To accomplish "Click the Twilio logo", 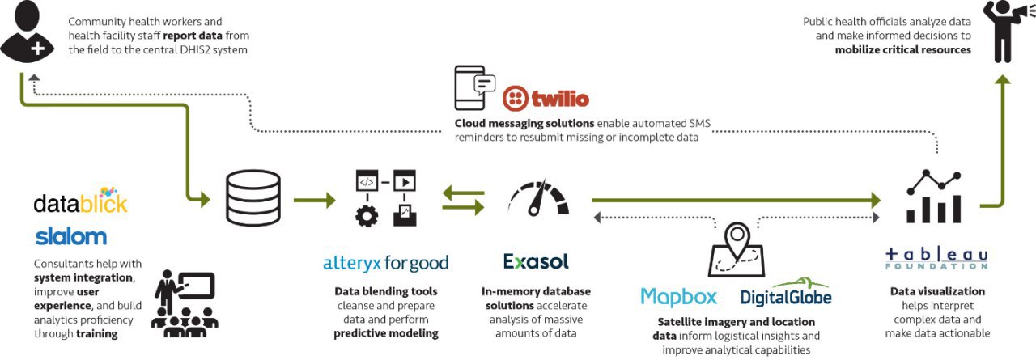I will point(546,99).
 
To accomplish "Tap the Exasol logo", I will point(536,261).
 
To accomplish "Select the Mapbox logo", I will point(678,297).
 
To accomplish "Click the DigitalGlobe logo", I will point(786,295).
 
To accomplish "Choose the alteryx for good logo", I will point(385,263).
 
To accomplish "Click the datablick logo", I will point(80,201).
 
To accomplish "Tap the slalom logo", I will point(71,236).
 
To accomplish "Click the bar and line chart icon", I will point(934,196).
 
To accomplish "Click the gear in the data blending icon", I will point(367,216).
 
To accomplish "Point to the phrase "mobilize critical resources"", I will point(902,49).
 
